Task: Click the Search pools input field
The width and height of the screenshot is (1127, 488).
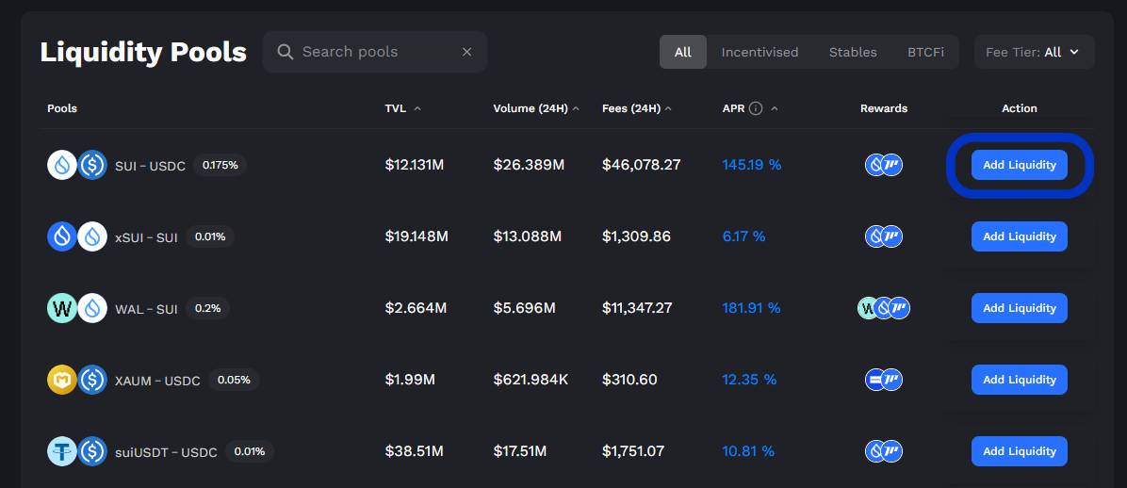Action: coord(374,52)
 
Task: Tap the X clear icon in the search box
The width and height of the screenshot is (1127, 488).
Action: coord(467,52)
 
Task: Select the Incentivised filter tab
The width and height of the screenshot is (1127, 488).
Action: coord(759,52)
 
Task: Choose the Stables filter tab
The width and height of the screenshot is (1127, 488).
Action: coord(853,52)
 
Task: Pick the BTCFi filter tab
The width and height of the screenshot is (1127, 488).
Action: coord(925,52)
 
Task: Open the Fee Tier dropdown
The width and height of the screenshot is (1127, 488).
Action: coord(1035,52)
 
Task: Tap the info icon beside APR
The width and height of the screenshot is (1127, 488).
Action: coord(756,108)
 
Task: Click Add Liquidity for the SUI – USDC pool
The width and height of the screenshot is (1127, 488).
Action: coord(1020,165)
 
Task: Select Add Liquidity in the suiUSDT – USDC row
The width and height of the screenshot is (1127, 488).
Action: coord(1020,451)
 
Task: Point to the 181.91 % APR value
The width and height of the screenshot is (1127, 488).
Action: coord(751,308)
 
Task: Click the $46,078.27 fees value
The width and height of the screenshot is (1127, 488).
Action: coord(641,165)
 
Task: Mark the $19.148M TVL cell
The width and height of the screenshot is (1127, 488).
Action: coord(416,236)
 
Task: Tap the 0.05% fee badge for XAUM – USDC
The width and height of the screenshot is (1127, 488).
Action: coord(235,380)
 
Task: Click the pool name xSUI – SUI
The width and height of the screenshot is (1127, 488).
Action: coord(146,237)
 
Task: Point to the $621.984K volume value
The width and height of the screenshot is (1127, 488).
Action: coord(531,380)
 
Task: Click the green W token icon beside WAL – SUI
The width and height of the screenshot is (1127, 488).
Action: coord(62,308)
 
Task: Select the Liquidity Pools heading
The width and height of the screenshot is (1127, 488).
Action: coord(143,53)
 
